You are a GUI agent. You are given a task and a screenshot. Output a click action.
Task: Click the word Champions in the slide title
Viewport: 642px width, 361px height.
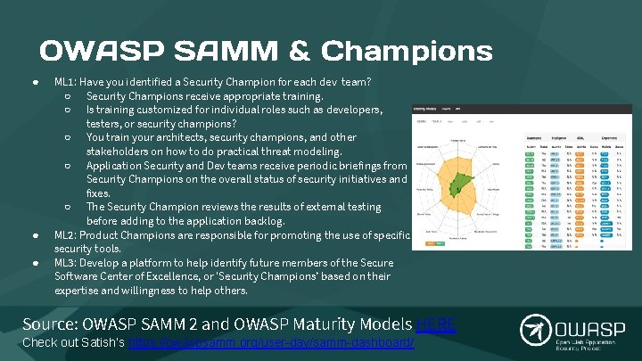click(x=407, y=50)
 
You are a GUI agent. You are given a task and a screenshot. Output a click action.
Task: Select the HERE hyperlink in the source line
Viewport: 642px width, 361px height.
click(x=436, y=324)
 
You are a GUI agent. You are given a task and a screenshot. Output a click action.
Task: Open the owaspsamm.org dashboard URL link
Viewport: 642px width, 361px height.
click(x=272, y=342)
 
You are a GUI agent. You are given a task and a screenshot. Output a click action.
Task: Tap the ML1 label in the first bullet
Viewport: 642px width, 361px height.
click(x=65, y=82)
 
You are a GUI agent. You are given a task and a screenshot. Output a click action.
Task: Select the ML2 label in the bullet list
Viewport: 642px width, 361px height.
click(x=66, y=235)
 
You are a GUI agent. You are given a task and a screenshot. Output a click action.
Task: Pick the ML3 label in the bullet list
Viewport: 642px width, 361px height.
click(x=66, y=263)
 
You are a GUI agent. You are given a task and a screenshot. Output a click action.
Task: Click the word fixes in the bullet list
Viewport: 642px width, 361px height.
click(x=98, y=193)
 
